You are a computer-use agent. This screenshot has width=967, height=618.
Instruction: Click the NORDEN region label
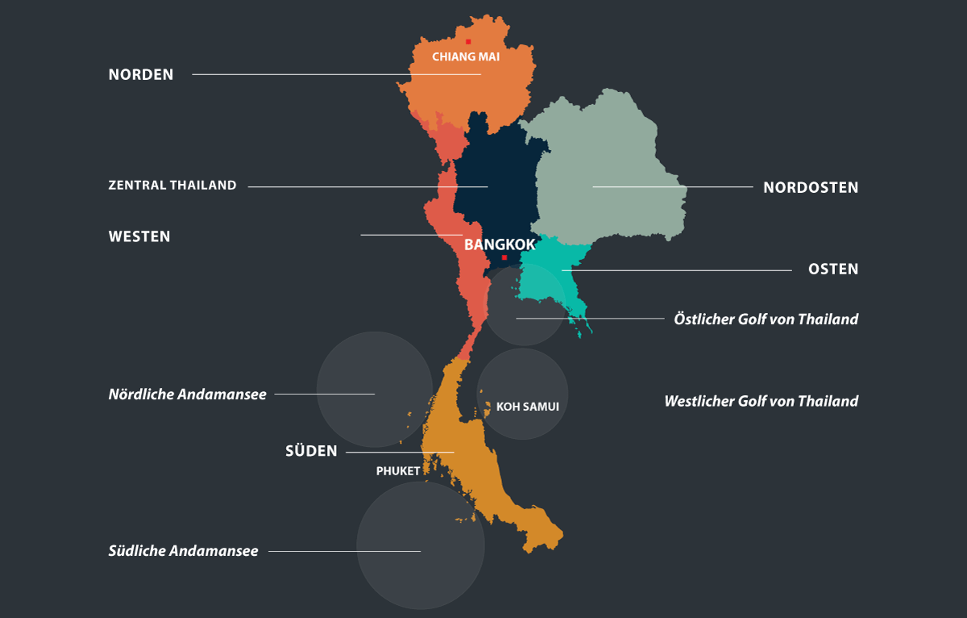pos(141,75)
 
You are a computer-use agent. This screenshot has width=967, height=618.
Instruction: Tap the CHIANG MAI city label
pos(466,57)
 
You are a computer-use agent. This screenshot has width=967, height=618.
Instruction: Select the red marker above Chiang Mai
pos(468,42)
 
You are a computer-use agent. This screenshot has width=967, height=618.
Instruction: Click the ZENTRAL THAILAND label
pos(172,186)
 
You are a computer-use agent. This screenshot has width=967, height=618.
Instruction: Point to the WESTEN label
pos(139,237)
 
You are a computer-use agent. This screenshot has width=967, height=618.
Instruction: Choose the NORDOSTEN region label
pos(811,188)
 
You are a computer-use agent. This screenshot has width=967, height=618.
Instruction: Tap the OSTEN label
pos(833,269)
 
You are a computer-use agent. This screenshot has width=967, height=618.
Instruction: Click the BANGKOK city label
pos(500,244)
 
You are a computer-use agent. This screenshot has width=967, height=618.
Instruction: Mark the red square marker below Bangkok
pos(504,257)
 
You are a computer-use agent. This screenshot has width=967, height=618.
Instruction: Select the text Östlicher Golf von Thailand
pos(766,319)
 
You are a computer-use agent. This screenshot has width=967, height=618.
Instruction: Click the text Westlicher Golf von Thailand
pos(761,401)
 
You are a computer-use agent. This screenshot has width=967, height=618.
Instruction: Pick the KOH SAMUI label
pos(527,407)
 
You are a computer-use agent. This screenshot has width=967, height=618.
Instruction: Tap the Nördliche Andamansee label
pos(187,395)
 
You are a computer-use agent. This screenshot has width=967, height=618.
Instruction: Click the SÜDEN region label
pos(311,452)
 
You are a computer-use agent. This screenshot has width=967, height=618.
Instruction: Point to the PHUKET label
pos(398,471)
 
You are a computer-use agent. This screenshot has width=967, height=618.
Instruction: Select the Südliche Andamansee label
pos(183,551)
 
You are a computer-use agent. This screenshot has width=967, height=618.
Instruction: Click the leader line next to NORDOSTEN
pos(673,187)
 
